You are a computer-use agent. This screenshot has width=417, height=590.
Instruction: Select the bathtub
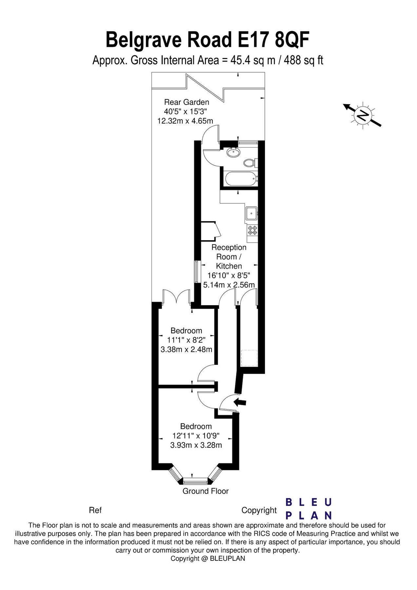241,179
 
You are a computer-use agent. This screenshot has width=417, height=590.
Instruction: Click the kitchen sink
252,213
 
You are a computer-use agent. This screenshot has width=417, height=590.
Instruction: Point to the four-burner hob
252,230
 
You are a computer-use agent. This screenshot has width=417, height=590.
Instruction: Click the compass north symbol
362,115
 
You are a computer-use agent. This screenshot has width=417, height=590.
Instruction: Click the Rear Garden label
187,102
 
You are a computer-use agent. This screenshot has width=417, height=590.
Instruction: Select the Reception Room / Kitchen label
229,257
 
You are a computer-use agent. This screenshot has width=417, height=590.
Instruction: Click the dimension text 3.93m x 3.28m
196,445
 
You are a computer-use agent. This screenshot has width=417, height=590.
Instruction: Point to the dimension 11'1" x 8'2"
187,340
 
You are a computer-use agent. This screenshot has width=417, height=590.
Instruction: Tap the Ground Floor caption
206,491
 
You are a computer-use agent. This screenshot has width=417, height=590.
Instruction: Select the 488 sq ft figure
304,60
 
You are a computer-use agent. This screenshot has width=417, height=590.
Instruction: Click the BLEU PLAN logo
309,509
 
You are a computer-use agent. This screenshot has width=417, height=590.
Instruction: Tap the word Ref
95,510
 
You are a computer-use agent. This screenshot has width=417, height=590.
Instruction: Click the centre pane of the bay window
195,481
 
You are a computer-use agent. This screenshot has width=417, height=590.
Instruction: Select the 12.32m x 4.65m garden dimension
185,121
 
